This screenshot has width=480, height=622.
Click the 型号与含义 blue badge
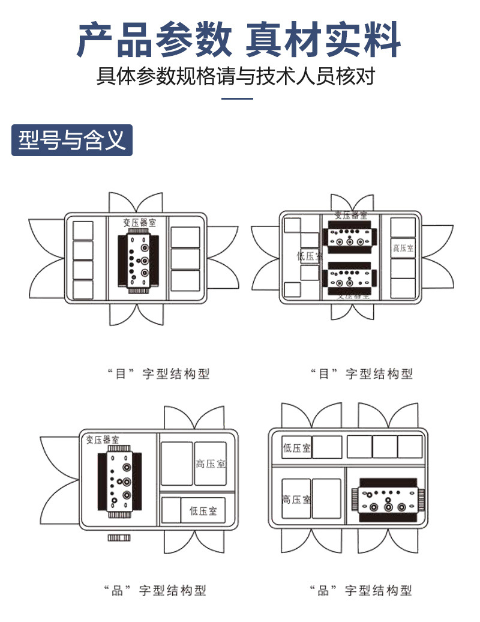pyautogui.click(x=72, y=140)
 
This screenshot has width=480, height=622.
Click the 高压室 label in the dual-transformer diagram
pyautogui.click(x=403, y=248)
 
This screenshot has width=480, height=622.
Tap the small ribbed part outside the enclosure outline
pyautogui.click(x=119, y=537)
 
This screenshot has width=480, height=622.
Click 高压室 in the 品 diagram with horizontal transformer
pyautogui.click(x=296, y=499)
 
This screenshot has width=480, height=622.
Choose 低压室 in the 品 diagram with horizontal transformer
pyautogui.click(x=296, y=448)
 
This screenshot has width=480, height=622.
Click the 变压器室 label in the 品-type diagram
pyautogui.click(x=103, y=439)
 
